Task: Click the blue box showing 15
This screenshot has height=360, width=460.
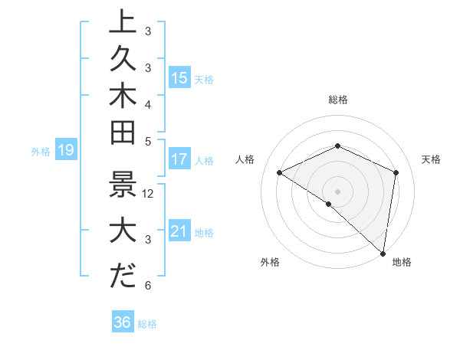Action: click(x=179, y=78)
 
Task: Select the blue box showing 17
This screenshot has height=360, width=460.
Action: click(x=179, y=160)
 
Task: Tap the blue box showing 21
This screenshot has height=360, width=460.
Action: click(x=179, y=231)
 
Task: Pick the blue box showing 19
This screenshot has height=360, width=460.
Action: click(x=65, y=151)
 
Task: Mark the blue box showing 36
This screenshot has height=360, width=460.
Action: click(x=123, y=322)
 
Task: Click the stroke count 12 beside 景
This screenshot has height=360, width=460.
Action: click(x=149, y=194)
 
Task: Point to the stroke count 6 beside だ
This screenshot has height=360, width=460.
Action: click(x=148, y=286)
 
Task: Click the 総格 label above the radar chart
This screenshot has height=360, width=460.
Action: click(x=338, y=100)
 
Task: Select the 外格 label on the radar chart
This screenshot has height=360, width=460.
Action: click(x=270, y=263)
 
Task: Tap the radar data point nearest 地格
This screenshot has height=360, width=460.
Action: click(x=383, y=252)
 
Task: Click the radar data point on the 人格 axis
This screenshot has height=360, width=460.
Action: click(x=280, y=172)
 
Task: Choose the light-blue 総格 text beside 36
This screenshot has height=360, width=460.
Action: click(x=147, y=323)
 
